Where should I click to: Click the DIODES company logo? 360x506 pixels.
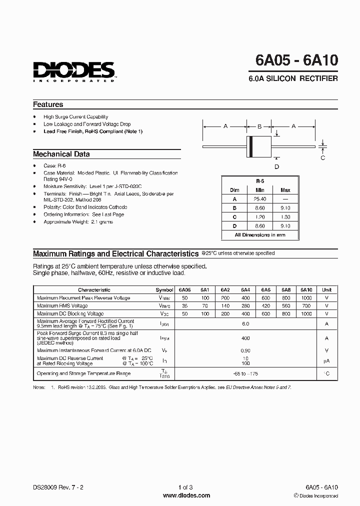74,71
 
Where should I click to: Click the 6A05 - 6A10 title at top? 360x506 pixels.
296,60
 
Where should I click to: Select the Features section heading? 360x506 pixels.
48,104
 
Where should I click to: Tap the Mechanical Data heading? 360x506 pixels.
61,154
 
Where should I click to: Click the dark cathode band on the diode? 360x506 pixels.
251,146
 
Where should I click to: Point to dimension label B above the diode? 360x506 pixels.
259,126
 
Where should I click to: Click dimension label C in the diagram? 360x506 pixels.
322,157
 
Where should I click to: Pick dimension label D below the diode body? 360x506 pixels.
276,166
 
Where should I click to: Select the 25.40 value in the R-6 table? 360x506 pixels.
260,198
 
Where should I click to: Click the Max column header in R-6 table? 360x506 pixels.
285,190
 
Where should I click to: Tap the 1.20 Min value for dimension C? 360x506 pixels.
260,216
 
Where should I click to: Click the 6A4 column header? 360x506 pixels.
245,290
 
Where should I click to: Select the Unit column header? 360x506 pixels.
326,290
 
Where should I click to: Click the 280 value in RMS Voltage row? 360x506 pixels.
245,305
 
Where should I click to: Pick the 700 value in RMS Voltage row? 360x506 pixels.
306,305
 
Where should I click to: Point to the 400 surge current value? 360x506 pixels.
245,338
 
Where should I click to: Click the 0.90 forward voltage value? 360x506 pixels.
245,350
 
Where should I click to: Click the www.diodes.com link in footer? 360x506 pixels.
186,495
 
